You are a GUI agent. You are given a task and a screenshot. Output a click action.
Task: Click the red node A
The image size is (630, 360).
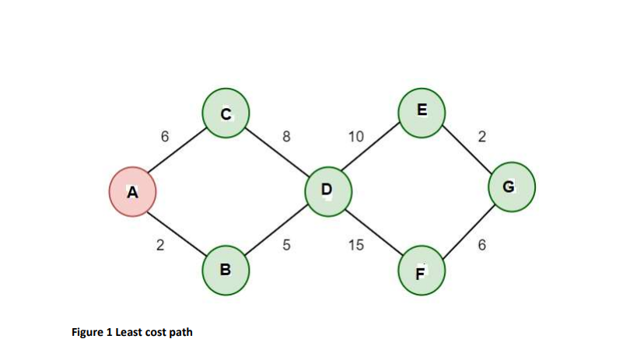tap(132, 192)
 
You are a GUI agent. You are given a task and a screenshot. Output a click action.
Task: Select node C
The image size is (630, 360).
tap(226, 114)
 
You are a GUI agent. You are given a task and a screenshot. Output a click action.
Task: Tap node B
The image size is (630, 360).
tap(226, 270)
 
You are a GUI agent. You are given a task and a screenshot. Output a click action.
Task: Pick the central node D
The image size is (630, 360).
tap(327, 190)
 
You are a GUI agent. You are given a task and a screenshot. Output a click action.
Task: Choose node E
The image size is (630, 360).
tap(421, 111)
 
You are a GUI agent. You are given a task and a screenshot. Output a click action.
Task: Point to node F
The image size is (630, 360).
tap(420, 272)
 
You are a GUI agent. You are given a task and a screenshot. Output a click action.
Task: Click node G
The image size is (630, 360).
tap(510, 187)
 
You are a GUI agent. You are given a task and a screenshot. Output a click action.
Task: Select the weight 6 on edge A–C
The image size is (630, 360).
tap(164, 137)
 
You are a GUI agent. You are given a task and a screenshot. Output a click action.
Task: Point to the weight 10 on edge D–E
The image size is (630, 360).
tap(355, 137)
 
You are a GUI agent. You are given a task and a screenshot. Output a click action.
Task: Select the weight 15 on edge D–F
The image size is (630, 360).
tap(355, 246)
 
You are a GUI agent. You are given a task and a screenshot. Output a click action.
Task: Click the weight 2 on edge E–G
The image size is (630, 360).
tap(481, 137)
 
